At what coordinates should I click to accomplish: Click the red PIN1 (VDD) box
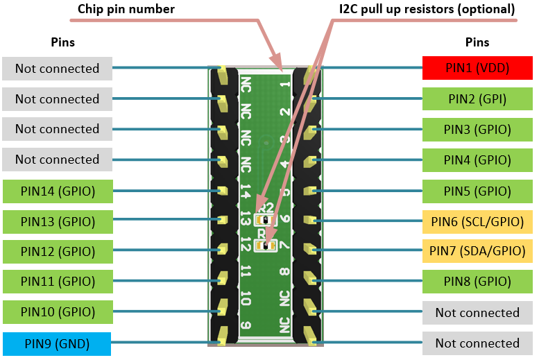point(477,69)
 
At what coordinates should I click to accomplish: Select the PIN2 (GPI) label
point(477,99)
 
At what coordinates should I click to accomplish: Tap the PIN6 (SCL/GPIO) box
point(477,221)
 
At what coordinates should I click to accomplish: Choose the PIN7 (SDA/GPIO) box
point(477,251)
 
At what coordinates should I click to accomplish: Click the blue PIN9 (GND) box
point(58,343)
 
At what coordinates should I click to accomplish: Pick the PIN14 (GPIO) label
point(58,190)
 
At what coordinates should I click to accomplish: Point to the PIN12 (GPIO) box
point(58,251)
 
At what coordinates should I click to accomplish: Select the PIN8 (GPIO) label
point(477,282)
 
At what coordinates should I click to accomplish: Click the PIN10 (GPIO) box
point(58,312)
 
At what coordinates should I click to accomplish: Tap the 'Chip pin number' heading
point(126,9)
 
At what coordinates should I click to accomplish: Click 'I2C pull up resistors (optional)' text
point(427,9)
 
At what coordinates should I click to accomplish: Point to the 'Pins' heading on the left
point(63,42)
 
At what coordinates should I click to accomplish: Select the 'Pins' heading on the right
point(477,42)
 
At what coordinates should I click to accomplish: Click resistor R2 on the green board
point(264,220)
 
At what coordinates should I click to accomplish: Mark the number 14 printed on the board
point(246,191)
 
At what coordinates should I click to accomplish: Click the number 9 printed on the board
point(246,326)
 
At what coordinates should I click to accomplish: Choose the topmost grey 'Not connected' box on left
point(58,69)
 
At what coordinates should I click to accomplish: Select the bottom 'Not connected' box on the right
point(477,343)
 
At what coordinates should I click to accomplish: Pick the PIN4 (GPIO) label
point(477,160)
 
